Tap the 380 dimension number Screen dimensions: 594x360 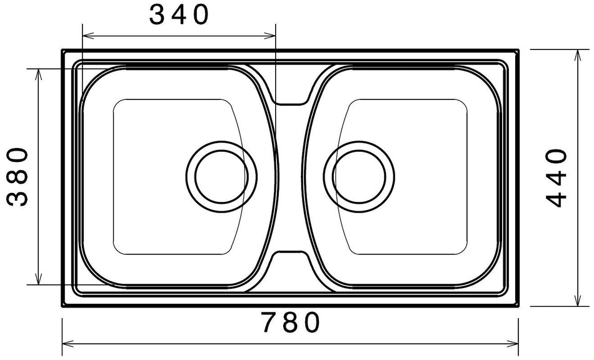tap(18, 176)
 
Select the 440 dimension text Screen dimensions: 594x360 tap(556, 178)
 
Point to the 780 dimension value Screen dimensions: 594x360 tap(291, 322)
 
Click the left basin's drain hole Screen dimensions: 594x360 tap(221, 176)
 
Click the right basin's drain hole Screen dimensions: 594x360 tap(359, 176)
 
